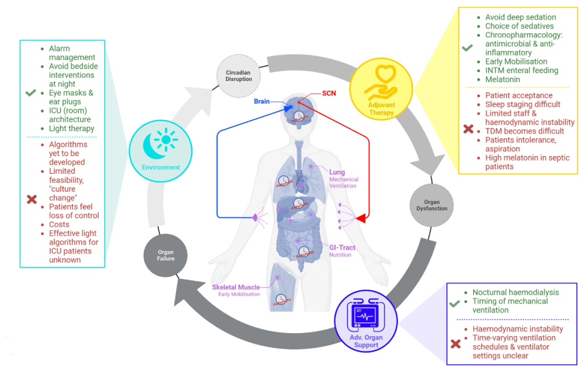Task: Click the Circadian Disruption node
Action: [239, 75]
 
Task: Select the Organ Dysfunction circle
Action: [432, 205]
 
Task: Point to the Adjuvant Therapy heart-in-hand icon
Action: [381, 86]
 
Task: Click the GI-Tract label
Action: [340, 247]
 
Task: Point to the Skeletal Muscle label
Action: [236, 287]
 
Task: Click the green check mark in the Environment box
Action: [32, 93]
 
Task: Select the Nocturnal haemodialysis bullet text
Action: [515, 292]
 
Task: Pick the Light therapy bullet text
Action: [72, 129]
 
